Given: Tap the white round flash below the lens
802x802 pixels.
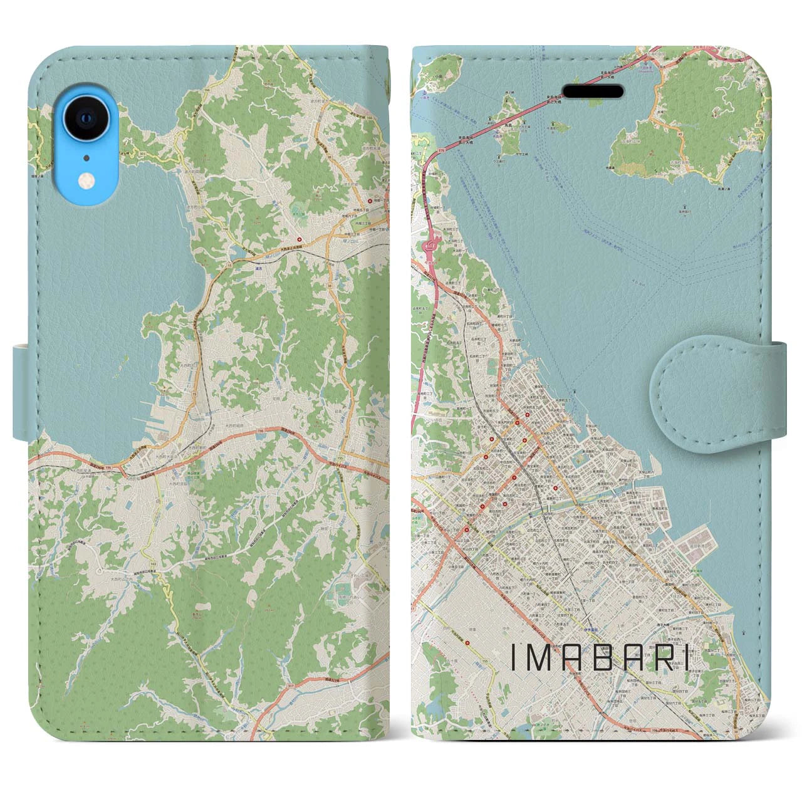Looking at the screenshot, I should coord(86,181).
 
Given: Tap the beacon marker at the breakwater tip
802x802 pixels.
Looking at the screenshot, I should coord(574,392).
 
